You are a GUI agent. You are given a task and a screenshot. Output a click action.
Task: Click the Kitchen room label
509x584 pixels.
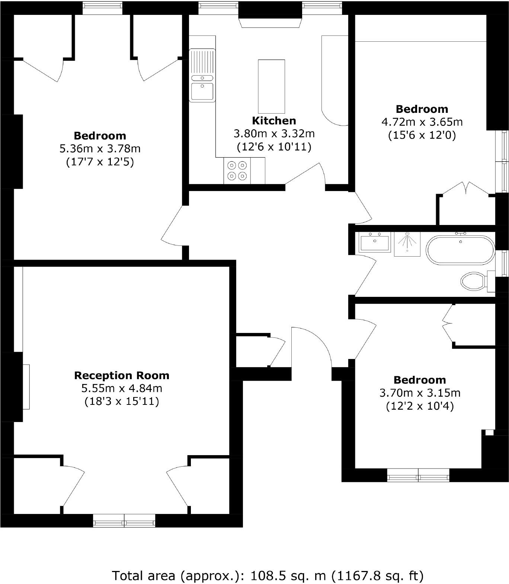coord(274,121)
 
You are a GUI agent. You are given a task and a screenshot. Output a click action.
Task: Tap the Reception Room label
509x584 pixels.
coord(122,375)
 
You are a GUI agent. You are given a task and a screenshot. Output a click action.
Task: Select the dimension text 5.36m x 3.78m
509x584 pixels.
coord(100,149)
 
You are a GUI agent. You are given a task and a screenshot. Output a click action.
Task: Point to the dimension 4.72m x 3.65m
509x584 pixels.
coord(422,122)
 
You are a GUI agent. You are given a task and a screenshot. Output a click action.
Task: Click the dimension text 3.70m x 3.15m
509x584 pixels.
coord(420,393)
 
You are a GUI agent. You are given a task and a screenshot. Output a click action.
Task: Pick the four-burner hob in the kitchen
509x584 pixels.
coord(237,170)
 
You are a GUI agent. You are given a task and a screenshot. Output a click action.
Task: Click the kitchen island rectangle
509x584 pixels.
coord(271,86)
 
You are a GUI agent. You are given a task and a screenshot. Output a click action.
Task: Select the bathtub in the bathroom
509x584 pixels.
coord(461,250)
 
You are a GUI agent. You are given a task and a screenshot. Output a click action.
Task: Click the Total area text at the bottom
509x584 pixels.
coord(268,575)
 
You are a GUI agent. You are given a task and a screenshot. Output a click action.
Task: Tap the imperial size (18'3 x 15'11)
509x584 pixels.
coord(122,401)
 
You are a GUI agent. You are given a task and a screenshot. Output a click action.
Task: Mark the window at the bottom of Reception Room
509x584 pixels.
coord(124,520)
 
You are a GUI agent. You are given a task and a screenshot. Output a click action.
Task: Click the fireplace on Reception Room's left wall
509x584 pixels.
coord(26,387)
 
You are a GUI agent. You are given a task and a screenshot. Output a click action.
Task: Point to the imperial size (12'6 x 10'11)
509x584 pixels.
coord(274,147)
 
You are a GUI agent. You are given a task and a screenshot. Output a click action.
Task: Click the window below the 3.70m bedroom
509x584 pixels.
coord(418,475)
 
